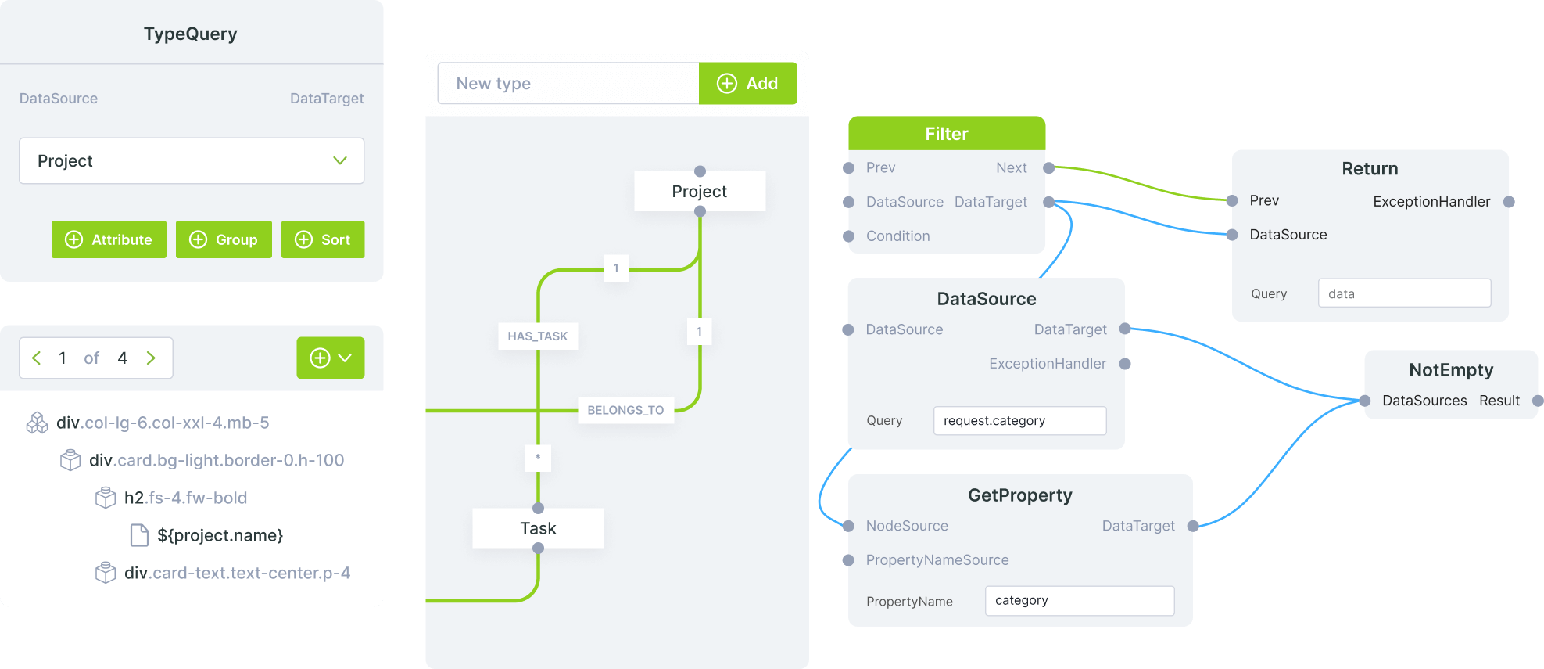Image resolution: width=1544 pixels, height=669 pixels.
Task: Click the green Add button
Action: (x=747, y=84)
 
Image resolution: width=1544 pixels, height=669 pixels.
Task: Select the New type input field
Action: (x=568, y=84)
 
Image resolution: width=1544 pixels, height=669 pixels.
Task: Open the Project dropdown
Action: (x=192, y=161)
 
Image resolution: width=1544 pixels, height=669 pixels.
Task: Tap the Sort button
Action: (x=323, y=239)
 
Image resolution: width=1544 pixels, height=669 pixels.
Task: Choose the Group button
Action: (x=224, y=239)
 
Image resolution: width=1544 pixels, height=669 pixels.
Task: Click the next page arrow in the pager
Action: (x=151, y=358)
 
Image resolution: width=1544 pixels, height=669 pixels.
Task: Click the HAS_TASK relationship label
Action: (x=537, y=336)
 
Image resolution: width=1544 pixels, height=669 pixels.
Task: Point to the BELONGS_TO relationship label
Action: (x=625, y=410)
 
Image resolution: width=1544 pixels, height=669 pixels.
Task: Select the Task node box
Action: (x=538, y=528)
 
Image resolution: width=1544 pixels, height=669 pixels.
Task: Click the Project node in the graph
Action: (x=699, y=192)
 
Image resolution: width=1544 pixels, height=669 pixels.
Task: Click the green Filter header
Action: (x=946, y=134)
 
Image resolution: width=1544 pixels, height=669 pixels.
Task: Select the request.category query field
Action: (x=1019, y=421)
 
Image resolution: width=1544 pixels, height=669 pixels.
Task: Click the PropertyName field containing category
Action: (x=1079, y=601)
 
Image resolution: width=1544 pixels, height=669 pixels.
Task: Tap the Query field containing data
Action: (x=1404, y=294)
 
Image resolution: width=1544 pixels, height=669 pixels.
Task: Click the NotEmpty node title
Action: (x=1451, y=370)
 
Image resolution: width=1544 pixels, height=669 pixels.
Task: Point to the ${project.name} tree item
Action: (x=220, y=535)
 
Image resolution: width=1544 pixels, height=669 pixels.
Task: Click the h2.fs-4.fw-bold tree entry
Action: (x=185, y=498)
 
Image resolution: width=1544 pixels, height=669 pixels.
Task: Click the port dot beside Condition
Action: (x=849, y=236)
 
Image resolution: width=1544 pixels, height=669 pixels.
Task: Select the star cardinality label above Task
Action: (x=538, y=457)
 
